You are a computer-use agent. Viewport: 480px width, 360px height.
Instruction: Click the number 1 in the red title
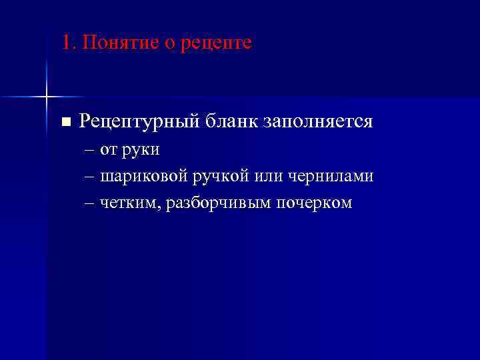[65, 43]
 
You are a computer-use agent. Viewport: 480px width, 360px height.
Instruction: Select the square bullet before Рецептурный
[65, 122]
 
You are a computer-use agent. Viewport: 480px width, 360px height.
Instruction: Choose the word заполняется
[318, 121]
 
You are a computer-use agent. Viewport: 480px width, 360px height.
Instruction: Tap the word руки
[141, 150]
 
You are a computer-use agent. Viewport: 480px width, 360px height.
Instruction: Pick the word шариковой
[145, 177]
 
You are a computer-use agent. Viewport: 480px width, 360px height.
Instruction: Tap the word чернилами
[331, 177]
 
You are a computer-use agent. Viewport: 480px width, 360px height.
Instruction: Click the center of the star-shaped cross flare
[47, 97]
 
